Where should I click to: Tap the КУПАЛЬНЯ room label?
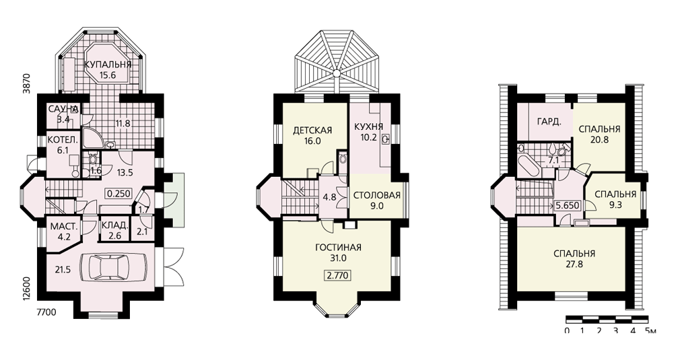(x=108, y=65)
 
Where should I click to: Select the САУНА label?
(x=63, y=108)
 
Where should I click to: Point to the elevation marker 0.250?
(x=118, y=194)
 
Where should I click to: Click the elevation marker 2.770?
(x=337, y=275)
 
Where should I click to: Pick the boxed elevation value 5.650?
(x=568, y=205)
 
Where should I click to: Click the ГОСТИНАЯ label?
(x=338, y=248)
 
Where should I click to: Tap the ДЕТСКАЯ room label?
(x=312, y=130)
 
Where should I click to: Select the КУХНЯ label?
(x=369, y=127)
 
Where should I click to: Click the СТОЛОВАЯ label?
(x=377, y=195)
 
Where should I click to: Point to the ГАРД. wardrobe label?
(x=549, y=122)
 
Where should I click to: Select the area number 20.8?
(x=599, y=139)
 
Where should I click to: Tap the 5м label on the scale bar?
(x=650, y=331)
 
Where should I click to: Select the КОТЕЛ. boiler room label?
(x=63, y=140)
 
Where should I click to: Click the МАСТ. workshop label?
(x=64, y=227)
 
